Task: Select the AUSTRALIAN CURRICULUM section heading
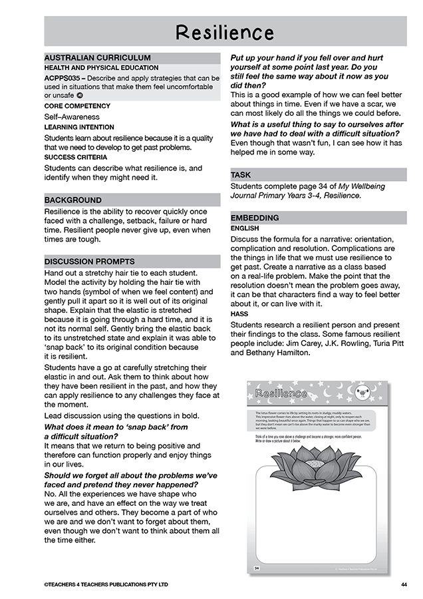click(x=97, y=58)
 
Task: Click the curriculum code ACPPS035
click(x=65, y=77)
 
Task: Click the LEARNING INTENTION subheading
click(x=78, y=126)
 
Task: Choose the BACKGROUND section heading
click(x=73, y=200)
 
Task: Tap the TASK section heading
click(x=241, y=175)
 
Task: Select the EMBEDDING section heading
click(x=255, y=218)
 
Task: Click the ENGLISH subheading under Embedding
click(x=245, y=228)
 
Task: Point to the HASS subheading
click(x=239, y=313)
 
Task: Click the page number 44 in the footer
click(x=404, y=584)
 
